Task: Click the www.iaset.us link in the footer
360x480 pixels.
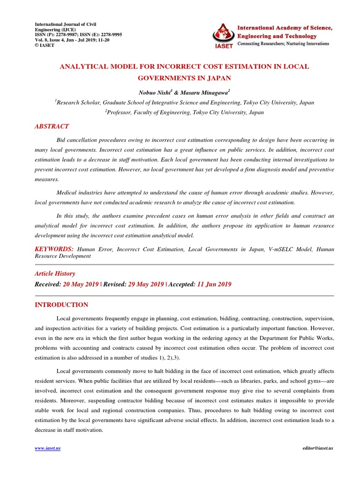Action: [48, 449]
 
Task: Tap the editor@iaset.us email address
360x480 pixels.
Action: [318, 449]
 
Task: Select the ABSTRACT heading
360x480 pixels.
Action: [52, 126]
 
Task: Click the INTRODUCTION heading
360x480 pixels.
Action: [61, 305]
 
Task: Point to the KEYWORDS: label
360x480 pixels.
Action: [54, 249]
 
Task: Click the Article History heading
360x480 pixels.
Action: [55, 274]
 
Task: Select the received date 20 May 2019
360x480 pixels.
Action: [82, 285]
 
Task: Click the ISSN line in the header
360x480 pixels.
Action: [79, 35]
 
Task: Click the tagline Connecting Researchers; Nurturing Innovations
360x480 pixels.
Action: [284, 44]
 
